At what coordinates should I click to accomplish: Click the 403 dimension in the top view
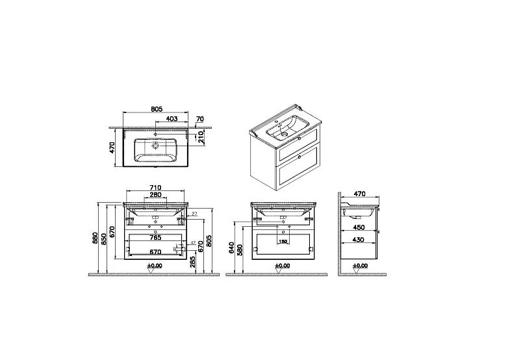[x=172, y=118]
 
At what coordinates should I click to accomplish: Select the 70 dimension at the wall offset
[x=199, y=119]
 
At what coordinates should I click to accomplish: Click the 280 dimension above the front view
[x=155, y=195]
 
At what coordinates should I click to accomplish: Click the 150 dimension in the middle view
[x=283, y=241]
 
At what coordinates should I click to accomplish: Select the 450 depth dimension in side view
[x=359, y=228]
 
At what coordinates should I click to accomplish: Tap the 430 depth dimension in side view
[x=359, y=240]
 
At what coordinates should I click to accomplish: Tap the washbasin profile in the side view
[x=359, y=212]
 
